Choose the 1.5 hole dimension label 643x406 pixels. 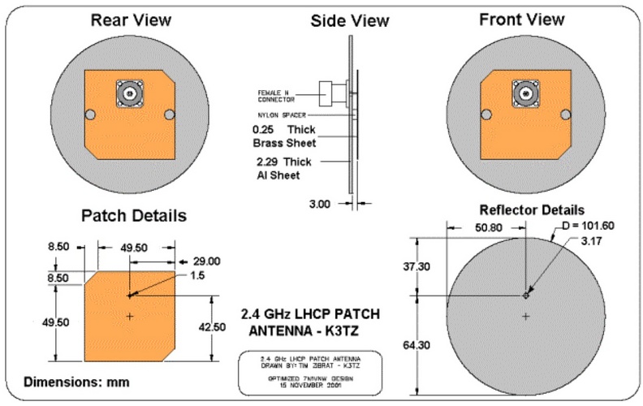coord(194,276)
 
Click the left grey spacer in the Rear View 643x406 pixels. coord(91,114)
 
